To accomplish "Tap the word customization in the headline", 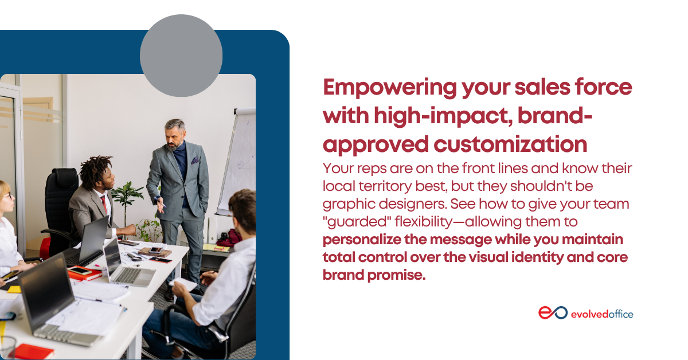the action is (510, 144).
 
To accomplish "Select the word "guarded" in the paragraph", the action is (356, 222).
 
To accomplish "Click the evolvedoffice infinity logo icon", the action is (553, 312).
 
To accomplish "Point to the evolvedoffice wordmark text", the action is (602, 314).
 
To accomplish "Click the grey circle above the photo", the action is (181, 56).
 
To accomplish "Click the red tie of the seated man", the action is (104, 204).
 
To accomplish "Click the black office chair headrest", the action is (64, 178).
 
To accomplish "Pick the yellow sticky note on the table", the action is (14, 289).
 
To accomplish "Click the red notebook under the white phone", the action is (84, 275).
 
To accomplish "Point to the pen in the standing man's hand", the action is (161, 202).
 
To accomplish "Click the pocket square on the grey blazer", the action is (195, 161).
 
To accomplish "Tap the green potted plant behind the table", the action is (127, 199).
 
